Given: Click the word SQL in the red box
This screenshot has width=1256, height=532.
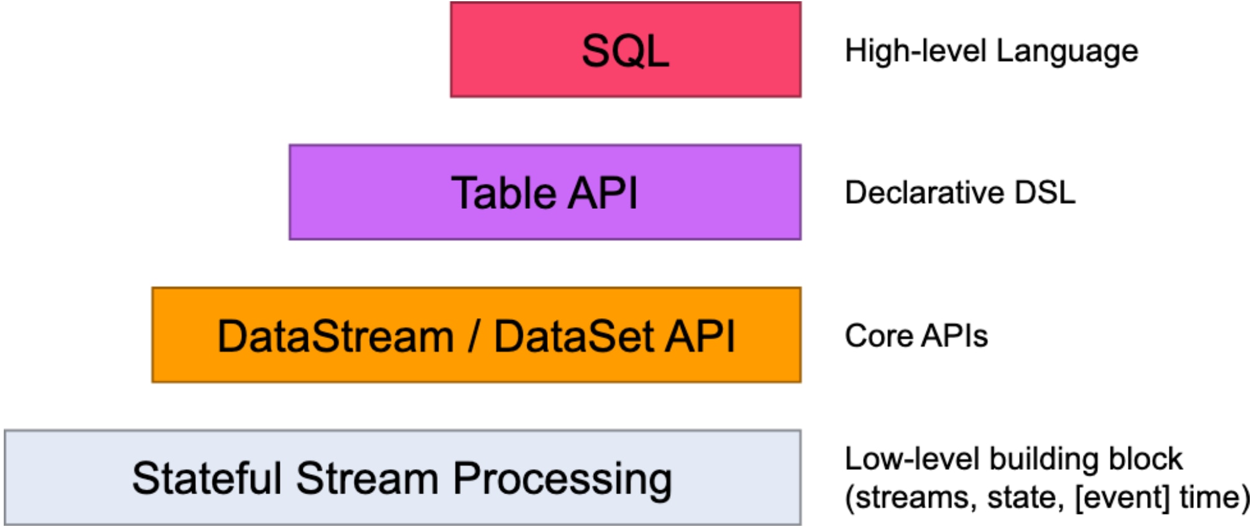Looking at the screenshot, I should click(x=625, y=51).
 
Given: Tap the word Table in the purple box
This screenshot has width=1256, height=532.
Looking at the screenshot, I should click(x=503, y=193).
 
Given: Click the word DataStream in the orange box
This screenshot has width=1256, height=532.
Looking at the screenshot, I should click(x=335, y=336).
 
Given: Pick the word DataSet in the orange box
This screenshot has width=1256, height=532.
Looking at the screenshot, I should click(x=573, y=336).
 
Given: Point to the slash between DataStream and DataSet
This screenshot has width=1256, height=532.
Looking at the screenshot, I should click(x=474, y=336).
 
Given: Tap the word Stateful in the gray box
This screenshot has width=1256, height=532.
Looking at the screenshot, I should click(x=206, y=479).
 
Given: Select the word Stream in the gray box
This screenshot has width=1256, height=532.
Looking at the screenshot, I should click(x=367, y=479).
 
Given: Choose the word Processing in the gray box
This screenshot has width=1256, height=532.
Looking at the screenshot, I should click(x=562, y=480).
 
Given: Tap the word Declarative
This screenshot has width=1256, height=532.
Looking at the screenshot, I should click(x=924, y=193).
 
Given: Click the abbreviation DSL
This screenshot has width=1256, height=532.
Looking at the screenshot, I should click(x=1045, y=193).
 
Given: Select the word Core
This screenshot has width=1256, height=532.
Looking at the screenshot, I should click(x=879, y=336).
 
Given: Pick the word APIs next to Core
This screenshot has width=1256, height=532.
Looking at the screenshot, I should click(x=954, y=336).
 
